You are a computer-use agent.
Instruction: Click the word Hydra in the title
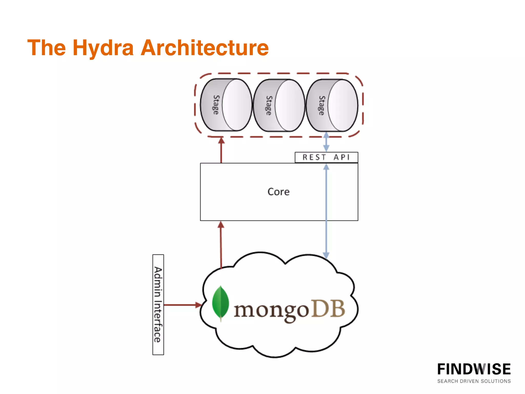click(103, 48)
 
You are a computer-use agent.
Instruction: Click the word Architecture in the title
click(205, 48)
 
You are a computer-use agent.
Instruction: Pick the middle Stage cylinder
click(279, 105)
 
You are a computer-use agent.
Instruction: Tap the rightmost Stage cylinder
click(332, 105)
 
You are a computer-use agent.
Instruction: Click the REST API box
click(326, 157)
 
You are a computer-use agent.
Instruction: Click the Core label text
click(278, 192)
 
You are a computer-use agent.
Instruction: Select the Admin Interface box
click(158, 305)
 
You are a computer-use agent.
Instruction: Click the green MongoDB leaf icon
click(220, 303)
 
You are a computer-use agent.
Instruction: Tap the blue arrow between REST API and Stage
click(326, 142)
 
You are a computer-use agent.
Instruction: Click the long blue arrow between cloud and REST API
click(326, 210)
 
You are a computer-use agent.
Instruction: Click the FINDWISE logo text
click(474, 369)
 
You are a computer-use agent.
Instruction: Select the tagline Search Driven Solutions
click(474, 381)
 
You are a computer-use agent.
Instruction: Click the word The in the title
click(46, 48)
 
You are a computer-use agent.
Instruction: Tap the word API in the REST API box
click(341, 157)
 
